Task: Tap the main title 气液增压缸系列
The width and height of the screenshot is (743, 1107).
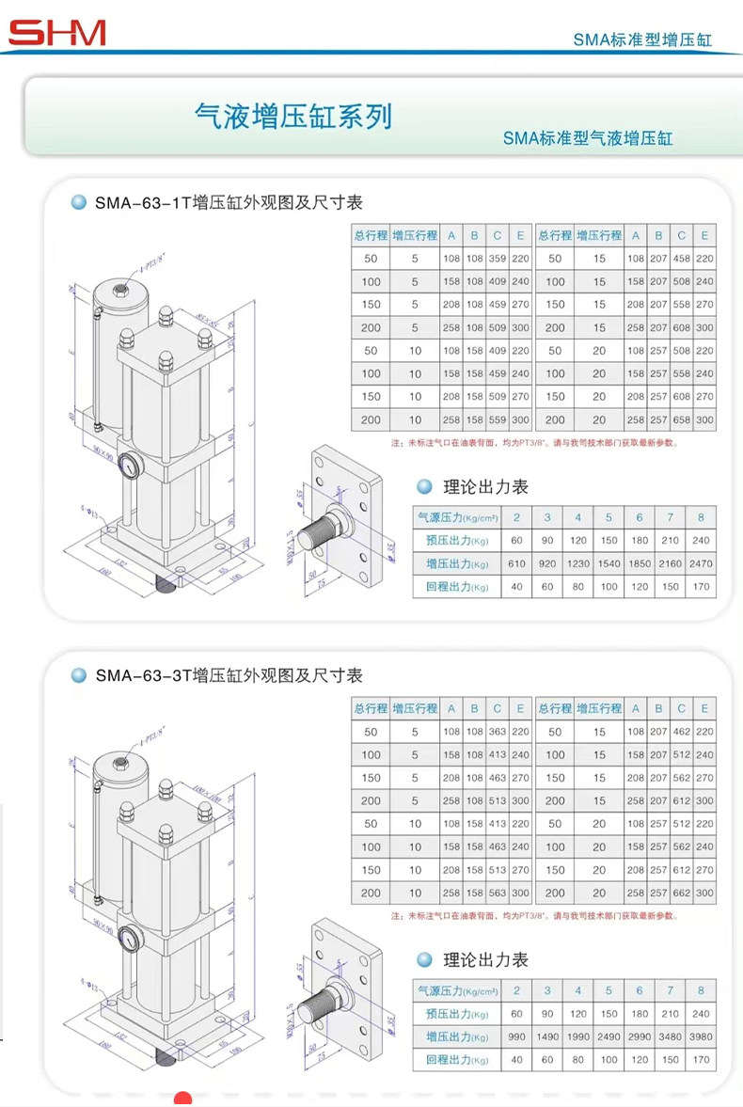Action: tap(292, 117)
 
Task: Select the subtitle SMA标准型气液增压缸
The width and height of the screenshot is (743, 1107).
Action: tap(588, 138)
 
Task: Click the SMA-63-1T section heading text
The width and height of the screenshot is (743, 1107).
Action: tap(229, 202)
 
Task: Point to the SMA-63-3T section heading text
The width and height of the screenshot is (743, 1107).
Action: tap(229, 675)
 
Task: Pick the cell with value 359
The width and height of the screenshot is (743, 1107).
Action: tap(498, 259)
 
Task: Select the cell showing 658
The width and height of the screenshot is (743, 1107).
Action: tap(681, 419)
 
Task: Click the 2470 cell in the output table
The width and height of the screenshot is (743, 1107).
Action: tap(701, 563)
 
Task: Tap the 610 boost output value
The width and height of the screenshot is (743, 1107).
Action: tap(516, 563)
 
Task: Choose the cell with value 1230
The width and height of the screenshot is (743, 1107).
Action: tap(577, 563)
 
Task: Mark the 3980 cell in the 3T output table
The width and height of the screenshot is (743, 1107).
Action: tap(701, 1036)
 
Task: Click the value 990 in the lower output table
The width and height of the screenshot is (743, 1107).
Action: tap(516, 1036)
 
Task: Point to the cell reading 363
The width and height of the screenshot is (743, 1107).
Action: tap(498, 732)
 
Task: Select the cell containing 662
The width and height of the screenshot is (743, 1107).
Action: tap(681, 893)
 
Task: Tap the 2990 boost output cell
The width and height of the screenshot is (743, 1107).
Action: tap(639, 1036)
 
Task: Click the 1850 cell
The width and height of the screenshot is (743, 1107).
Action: tap(639, 563)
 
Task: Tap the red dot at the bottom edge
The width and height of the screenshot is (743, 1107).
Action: tap(183, 1099)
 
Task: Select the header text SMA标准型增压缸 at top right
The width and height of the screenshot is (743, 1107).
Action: tap(642, 40)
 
